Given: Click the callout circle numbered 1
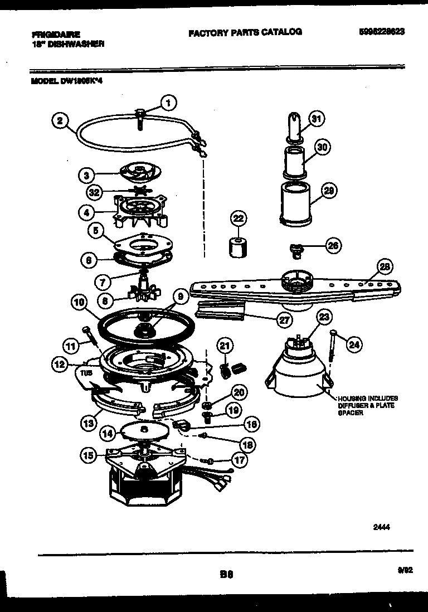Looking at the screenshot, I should pyautogui.click(x=168, y=102).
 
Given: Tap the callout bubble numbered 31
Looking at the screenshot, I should pyautogui.click(x=316, y=118).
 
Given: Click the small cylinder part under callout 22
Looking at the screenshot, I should pyautogui.click(x=238, y=246).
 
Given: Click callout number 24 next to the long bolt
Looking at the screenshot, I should pyautogui.click(x=353, y=345).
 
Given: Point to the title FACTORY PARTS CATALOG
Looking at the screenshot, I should pyautogui.click(x=245, y=32).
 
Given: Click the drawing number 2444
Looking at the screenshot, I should pyautogui.click(x=381, y=525).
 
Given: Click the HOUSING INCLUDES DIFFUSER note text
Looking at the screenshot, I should pyautogui.click(x=367, y=405).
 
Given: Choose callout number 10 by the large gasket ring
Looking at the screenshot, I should pyautogui.click(x=80, y=303).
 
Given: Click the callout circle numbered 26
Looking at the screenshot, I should pyautogui.click(x=333, y=245).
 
